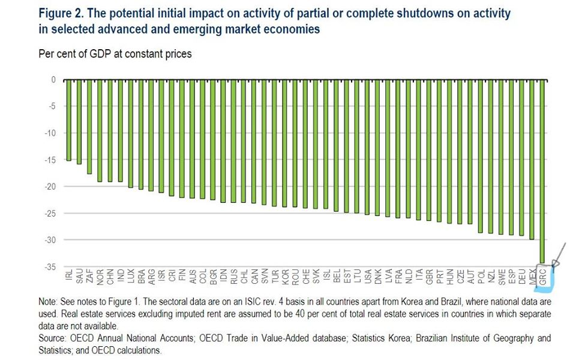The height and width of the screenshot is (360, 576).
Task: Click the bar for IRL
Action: tap(68, 120)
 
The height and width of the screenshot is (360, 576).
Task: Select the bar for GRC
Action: tap(542, 171)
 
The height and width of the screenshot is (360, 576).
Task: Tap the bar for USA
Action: tap(367, 146)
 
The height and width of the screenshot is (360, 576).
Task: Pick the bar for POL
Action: tap(480, 156)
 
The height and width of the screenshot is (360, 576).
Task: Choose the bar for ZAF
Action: tap(89, 127)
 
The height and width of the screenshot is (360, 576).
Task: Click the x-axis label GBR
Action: tap(430, 277)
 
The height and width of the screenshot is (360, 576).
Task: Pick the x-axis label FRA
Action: tap(398, 277)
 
